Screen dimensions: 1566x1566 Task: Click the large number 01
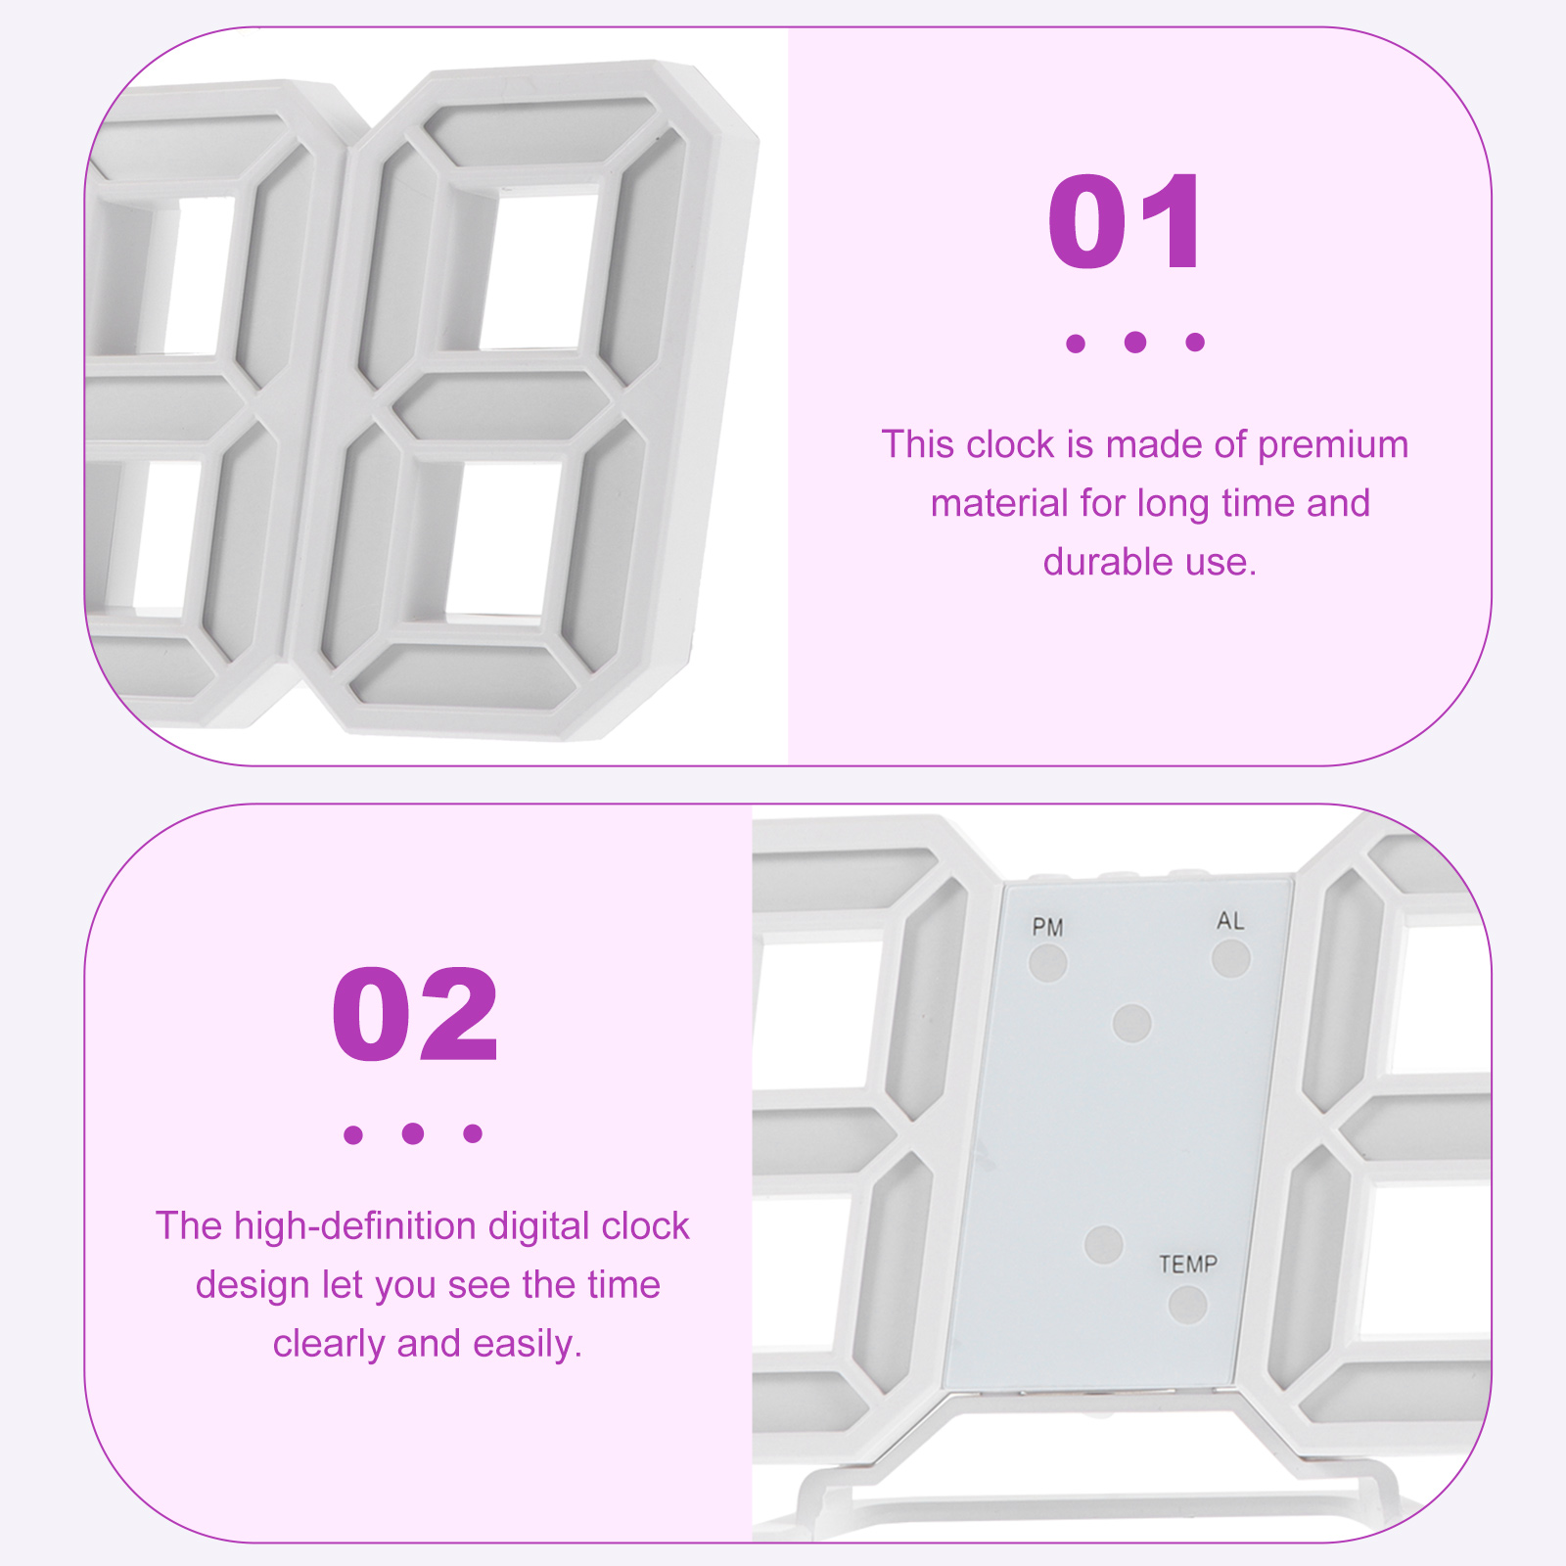pos(1126,223)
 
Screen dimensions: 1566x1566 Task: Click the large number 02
pos(415,1015)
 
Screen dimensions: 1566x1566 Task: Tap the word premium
pos(1333,445)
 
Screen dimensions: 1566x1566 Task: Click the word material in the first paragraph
pos(999,503)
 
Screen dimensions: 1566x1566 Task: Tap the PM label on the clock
pos(1047,927)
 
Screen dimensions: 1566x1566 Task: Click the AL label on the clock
pos(1230,921)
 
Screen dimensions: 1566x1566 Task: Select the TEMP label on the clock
pos(1188,1265)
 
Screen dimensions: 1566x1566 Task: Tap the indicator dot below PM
pos(1047,963)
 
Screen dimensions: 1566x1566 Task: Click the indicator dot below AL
pos(1231,958)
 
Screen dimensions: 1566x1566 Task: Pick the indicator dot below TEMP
pos(1187,1305)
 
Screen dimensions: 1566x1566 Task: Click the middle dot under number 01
pos(1135,342)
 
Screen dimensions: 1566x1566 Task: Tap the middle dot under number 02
pos(413,1133)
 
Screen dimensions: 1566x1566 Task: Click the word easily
pos(528,1345)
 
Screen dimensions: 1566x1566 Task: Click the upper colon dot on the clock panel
pos(1132,1024)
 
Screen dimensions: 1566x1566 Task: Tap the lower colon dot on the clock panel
pos(1104,1244)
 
